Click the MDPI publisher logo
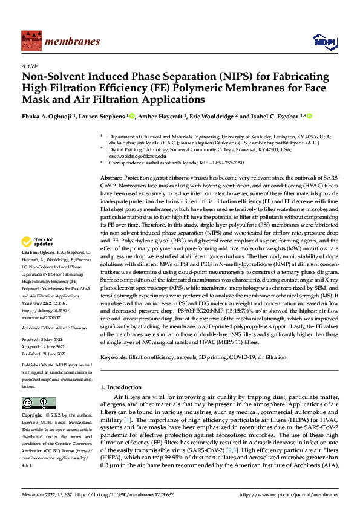[321, 41]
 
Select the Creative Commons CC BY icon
[38, 403]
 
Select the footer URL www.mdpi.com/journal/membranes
[290, 494]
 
